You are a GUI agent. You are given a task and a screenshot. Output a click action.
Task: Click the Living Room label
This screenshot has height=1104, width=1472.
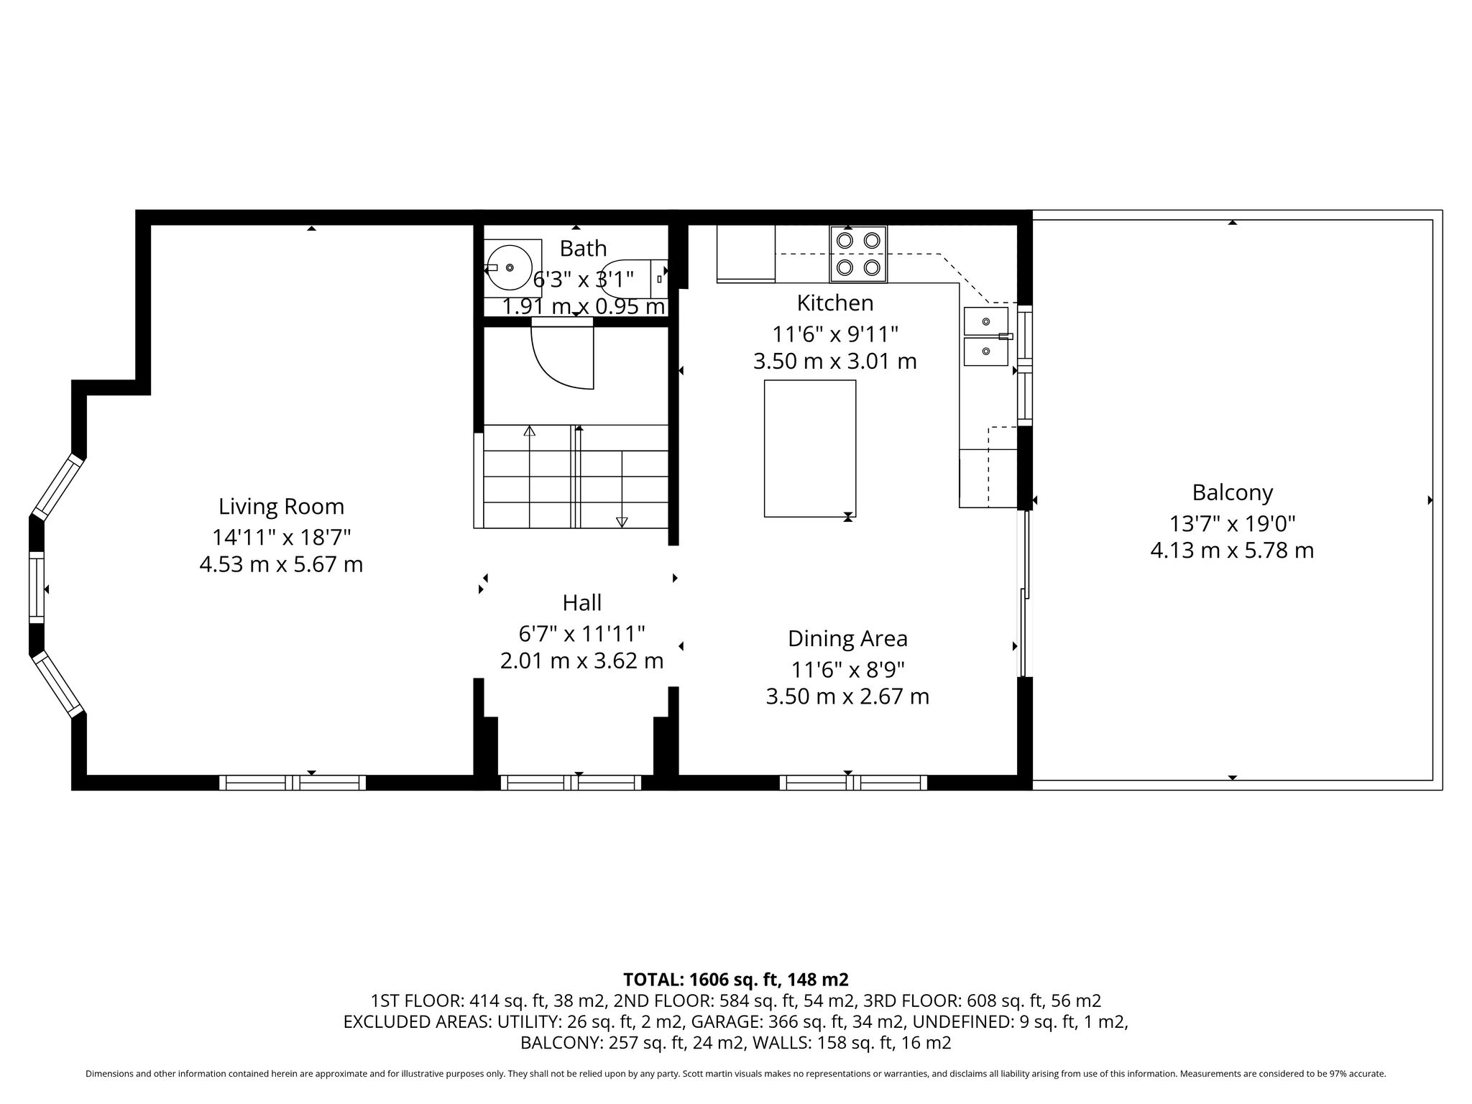[x=281, y=506]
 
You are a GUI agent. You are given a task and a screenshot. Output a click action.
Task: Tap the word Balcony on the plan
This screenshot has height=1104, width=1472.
[x=1232, y=493]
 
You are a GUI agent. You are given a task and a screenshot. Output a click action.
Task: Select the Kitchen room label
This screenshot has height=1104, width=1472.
[x=835, y=303]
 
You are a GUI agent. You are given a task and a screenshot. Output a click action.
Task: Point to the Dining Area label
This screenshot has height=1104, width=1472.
[x=847, y=638]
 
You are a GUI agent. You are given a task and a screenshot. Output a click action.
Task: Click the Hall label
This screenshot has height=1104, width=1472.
[x=582, y=602]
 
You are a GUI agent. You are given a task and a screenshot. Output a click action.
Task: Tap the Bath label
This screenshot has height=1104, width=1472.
[x=583, y=249]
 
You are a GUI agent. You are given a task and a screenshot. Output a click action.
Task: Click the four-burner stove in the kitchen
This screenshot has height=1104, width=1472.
[x=858, y=254]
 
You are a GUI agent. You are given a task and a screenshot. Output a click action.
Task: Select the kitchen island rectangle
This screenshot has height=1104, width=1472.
[x=810, y=448]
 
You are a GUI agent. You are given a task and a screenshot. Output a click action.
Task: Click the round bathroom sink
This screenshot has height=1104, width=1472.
[x=510, y=267]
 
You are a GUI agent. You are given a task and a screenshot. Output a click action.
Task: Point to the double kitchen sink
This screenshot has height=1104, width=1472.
[x=986, y=336]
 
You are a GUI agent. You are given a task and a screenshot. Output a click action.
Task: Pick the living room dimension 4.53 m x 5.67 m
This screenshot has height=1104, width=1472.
[x=281, y=564]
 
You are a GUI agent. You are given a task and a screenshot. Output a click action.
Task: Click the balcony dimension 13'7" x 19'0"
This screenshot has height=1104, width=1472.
[x=1232, y=523]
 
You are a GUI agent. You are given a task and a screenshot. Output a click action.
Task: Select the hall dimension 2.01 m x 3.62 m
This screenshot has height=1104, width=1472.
[x=582, y=661]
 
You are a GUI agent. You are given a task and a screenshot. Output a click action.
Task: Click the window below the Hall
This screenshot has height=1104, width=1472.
[x=571, y=783]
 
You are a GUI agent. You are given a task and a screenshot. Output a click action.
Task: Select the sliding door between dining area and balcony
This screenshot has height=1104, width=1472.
[x=1025, y=594]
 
